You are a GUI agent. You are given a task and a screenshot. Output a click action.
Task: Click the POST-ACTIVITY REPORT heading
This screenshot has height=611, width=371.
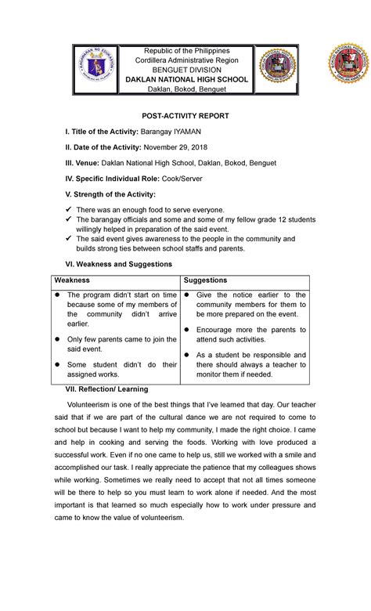[x=185, y=115]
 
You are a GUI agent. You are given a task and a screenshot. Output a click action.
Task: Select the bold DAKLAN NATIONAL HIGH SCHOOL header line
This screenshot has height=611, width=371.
[x=185, y=81]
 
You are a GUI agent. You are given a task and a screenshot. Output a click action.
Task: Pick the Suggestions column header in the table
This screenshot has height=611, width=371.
[x=205, y=280]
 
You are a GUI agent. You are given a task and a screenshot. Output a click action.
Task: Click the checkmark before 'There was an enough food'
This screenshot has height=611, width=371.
[x=69, y=210]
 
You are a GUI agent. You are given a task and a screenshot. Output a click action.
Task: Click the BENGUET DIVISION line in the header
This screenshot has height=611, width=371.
[x=185, y=70]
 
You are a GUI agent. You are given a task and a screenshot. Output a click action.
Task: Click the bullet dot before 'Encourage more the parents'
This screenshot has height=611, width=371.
[x=186, y=329]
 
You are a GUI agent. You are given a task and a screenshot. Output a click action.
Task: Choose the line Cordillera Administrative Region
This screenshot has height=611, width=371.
[x=185, y=59]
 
